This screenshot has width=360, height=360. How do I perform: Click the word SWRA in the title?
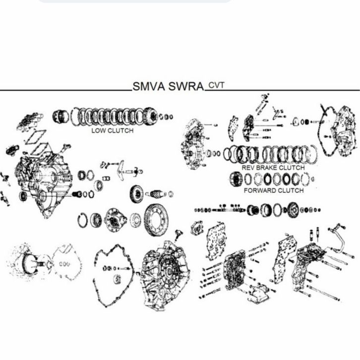pos(186,87)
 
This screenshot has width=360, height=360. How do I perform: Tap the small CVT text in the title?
pos(216,85)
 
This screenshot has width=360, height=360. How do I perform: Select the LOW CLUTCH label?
pos(113,130)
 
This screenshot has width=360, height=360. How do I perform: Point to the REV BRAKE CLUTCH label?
pos(273,168)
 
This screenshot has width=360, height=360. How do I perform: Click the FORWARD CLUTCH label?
pos(274,190)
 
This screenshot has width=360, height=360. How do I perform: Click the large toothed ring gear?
pos(156,220)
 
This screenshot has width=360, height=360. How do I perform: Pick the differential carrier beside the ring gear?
pos(116,220)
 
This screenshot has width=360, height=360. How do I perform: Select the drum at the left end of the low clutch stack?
pos(60,117)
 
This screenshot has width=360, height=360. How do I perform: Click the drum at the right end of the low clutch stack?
pos(150,116)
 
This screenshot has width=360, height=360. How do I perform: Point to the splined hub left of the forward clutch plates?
pos(236,179)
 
